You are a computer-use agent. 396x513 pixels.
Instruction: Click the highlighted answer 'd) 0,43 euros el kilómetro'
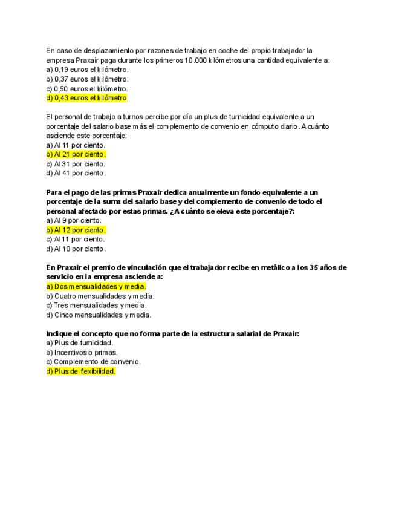(86, 98)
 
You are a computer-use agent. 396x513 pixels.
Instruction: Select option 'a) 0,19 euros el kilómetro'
(87, 70)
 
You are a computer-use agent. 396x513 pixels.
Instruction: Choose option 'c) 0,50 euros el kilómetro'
(87, 88)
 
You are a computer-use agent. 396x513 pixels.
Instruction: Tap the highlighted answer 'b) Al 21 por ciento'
(76, 154)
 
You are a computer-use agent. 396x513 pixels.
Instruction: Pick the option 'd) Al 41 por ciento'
(76, 173)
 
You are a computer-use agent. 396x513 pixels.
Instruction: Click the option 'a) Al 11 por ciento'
(76, 145)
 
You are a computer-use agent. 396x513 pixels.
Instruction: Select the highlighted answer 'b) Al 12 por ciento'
(76, 230)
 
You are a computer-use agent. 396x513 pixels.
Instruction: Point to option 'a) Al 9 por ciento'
(74, 221)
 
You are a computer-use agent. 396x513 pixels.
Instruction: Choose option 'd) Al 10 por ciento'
(76, 249)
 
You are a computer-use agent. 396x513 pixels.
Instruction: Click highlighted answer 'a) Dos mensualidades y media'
(96, 287)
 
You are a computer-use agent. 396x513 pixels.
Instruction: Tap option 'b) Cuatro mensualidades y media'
(100, 296)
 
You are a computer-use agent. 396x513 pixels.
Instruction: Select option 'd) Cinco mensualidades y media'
(99, 315)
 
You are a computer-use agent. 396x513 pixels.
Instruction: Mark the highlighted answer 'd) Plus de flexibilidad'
(81, 371)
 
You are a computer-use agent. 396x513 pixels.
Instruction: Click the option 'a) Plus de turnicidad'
(80, 343)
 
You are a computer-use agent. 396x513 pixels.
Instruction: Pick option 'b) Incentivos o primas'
(82, 352)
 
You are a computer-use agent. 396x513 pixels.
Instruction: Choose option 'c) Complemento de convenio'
(94, 362)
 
